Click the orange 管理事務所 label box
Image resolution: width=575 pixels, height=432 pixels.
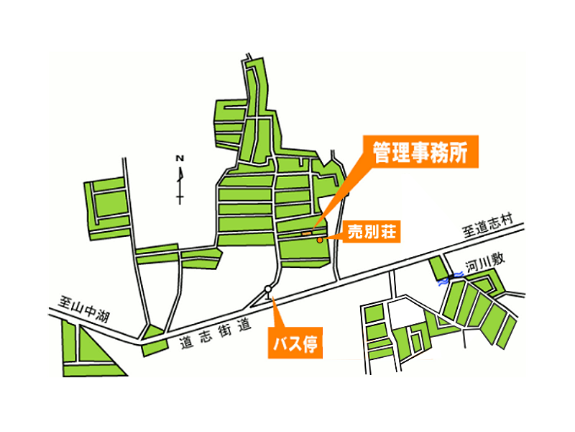point(420,152)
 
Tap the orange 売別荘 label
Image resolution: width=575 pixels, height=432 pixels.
point(372,231)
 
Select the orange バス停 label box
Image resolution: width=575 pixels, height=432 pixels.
point(295,343)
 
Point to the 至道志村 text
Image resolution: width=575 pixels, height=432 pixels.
point(488,226)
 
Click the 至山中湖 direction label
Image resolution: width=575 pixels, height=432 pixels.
point(84,310)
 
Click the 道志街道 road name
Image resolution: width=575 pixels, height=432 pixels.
point(216,333)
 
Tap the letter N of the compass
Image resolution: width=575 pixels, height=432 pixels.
point(180,158)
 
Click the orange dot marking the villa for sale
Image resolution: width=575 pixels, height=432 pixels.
point(320,240)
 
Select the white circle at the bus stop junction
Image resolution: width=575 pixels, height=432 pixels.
point(268,289)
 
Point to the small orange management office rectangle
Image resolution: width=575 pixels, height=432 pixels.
point(307,233)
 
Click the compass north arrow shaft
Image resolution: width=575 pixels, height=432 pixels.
point(180,186)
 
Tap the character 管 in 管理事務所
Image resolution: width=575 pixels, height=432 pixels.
point(382,153)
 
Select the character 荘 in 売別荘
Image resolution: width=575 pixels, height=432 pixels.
point(388,232)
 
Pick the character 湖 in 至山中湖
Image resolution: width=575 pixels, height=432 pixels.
point(102,316)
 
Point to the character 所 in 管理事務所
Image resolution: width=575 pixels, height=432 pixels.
point(459,153)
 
